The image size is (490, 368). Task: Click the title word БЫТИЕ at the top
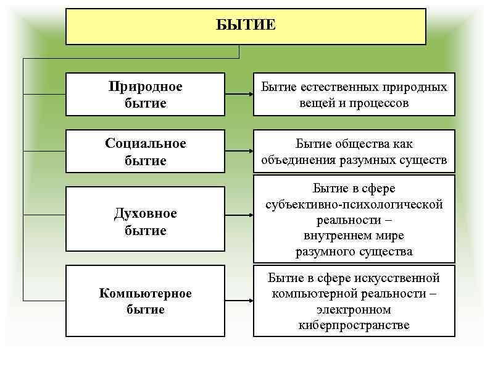[246, 25]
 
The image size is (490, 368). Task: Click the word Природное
[146, 86]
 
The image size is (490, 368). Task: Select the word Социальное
[146, 143]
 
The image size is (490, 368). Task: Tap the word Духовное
[146, 213]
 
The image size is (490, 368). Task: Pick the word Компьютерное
[146, 293]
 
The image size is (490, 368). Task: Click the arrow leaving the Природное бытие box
[238, 94]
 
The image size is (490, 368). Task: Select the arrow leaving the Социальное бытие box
[238, 152]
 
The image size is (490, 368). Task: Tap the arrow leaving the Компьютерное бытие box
[238, 301]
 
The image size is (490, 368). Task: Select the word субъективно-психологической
[354, 204]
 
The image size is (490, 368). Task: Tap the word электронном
[354, 309]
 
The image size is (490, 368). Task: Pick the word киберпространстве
[354, 325]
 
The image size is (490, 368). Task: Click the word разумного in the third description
[325, 251]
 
